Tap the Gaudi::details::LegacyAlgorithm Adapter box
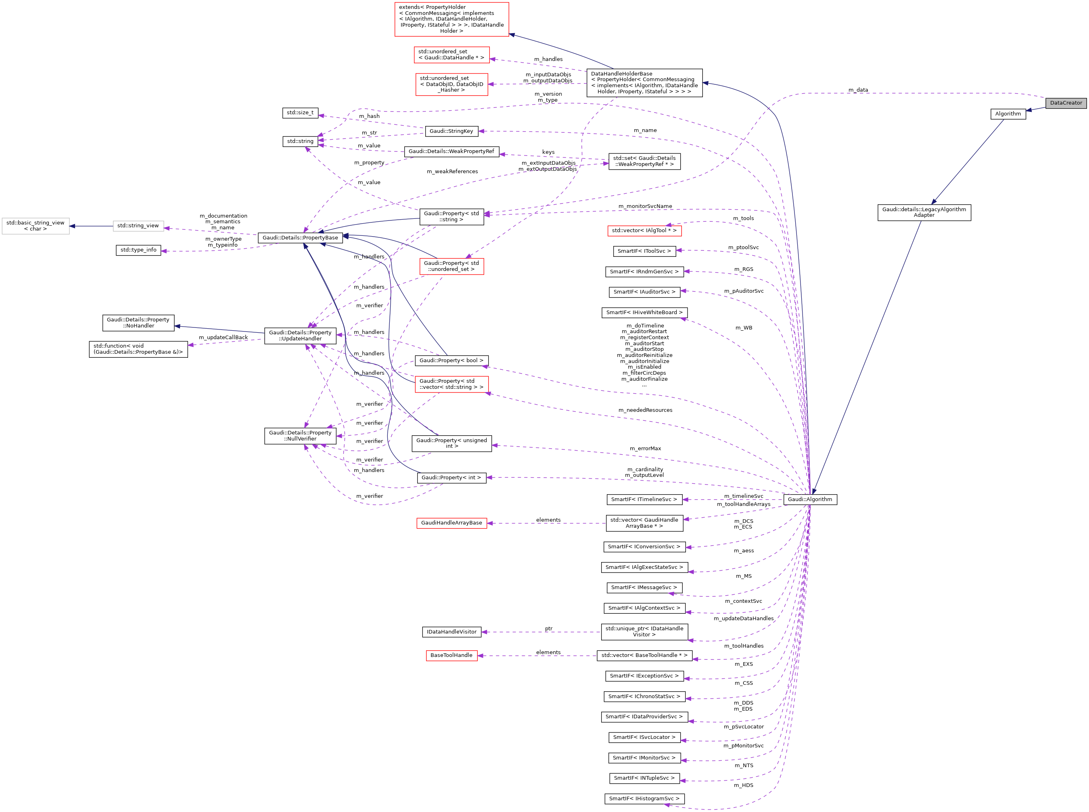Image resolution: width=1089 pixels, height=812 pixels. click(924, 212)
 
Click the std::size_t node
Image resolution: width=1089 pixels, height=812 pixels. click(300, 113)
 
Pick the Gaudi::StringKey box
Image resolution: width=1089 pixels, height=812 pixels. click(451, 131)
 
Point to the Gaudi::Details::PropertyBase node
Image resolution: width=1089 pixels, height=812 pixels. click(300, 238)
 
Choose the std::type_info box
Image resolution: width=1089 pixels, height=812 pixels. click(138, 250)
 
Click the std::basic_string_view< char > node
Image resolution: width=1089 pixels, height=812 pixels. click(36, 226)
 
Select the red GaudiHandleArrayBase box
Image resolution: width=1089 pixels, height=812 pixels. click(451, 523)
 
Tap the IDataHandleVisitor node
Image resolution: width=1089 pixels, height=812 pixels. click(451, 632)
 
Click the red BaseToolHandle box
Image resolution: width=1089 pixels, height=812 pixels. click(451, 656)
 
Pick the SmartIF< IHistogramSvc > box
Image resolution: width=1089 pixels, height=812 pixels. click(644, 799)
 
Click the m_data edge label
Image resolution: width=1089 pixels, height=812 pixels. click(858, 90)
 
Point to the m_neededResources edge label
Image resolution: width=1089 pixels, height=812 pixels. click(645, 410)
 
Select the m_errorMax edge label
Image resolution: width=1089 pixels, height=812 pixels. click(645, 449)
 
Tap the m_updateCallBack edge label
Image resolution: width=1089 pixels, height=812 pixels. click(223, 338)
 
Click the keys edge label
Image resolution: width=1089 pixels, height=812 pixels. click(548, 152)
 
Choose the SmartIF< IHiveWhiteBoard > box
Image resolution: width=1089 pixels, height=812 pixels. click(644, 313)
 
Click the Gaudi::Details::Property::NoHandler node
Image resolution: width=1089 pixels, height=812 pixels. click(138, 323)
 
